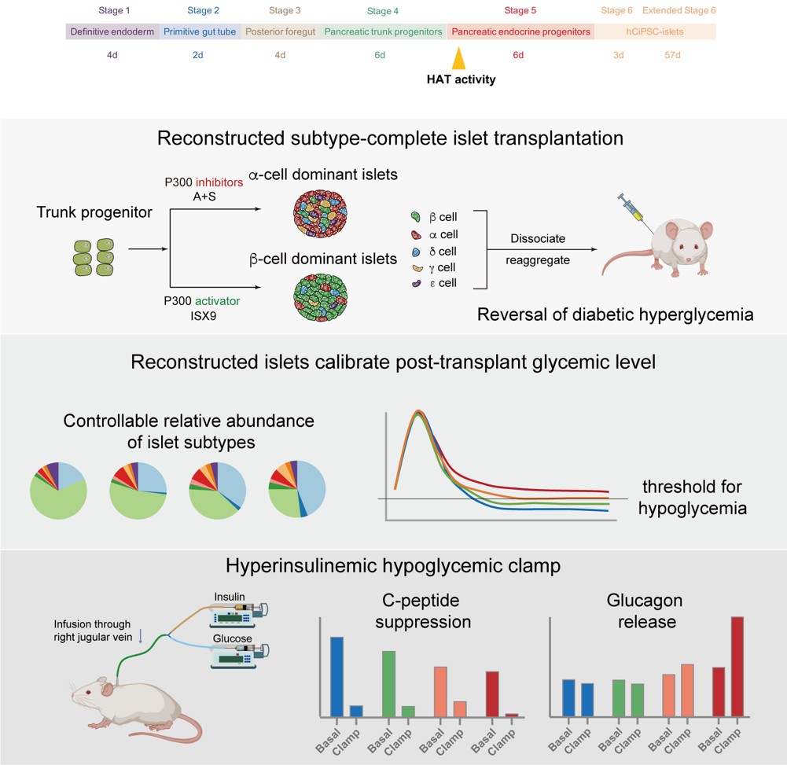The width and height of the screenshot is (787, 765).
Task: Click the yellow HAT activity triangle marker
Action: point(458,59)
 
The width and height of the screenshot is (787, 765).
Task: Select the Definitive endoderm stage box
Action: point(112,32)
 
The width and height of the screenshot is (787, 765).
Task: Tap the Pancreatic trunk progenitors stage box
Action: point(383,32)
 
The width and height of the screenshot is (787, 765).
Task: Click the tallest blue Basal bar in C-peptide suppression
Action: point(336,676)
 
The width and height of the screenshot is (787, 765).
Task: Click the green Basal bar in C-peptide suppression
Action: point(388,683)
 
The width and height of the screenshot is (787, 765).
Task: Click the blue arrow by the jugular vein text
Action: point(140,636)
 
